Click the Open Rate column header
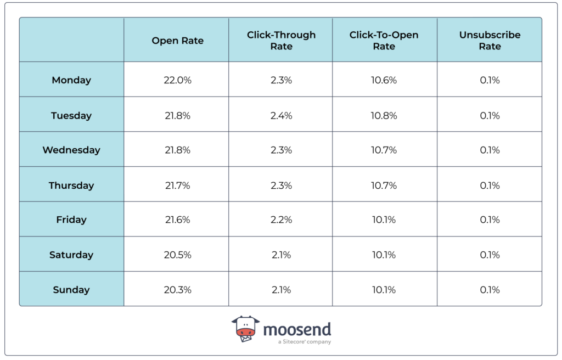click(x=177, y=41)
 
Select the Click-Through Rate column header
click(x=281, y=41)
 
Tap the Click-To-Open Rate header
click(x=384, y=41)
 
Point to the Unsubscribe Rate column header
click(x=490, y=41)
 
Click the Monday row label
click(x=71, y=80)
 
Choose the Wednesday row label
click(x=71, y=150)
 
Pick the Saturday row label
click(x=71, y=255)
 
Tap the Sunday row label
click(x=71, y=290)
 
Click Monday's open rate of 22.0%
click(x=177, y=80)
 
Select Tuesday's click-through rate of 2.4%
click(x=281, y=116)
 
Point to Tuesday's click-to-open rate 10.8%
click(x=384, y=116)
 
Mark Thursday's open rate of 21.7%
click(x=177, y=185)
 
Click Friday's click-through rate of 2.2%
click(x=281, y=220)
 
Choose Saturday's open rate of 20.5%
click(x=177, y=255)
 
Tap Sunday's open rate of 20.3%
click(x=177, y=290)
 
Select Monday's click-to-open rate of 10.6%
click(x=384, y=80)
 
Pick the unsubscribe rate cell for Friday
click(x=490, y=220)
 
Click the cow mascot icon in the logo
click(x=245, y=329)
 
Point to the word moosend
click(x=297, y=329)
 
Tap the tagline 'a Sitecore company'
click(x=304, y=342)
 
